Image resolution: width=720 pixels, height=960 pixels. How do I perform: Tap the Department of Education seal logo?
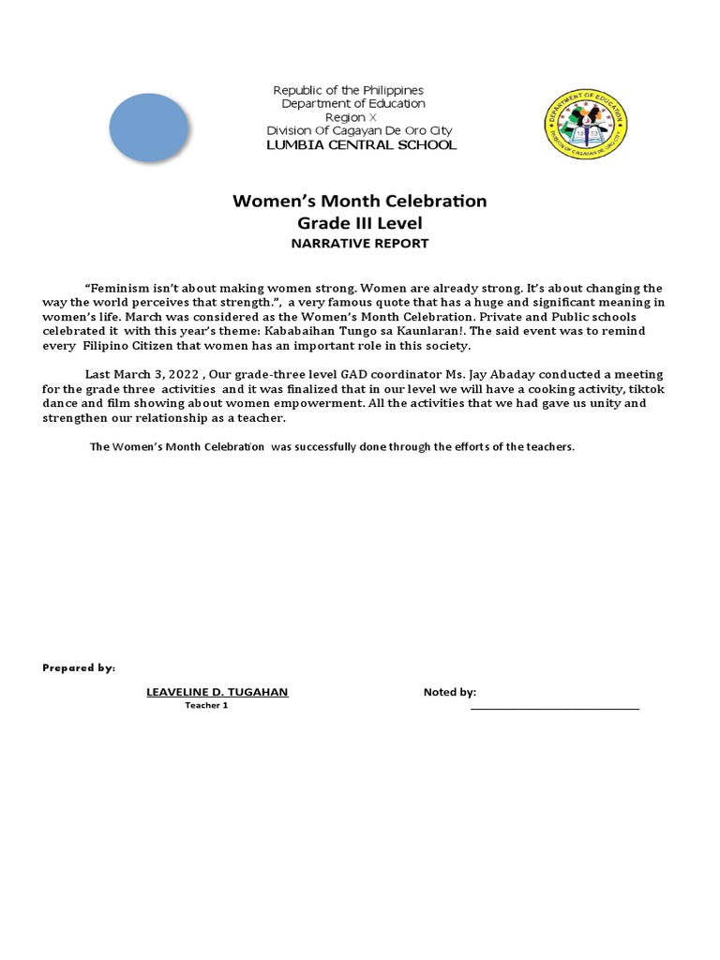586,128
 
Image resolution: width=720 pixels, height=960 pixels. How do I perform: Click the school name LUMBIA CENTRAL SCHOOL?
361,145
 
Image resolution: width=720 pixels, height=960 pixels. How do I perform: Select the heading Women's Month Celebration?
360,202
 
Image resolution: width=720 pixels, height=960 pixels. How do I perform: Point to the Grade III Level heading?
360,223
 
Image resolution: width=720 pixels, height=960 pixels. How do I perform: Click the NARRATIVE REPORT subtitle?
360,244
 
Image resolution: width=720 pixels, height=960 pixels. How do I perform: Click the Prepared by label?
79,667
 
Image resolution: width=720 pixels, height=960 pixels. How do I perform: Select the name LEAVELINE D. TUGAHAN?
217,692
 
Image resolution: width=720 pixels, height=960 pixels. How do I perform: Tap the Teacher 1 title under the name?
206,705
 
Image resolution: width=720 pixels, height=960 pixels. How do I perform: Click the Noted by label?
450,692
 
